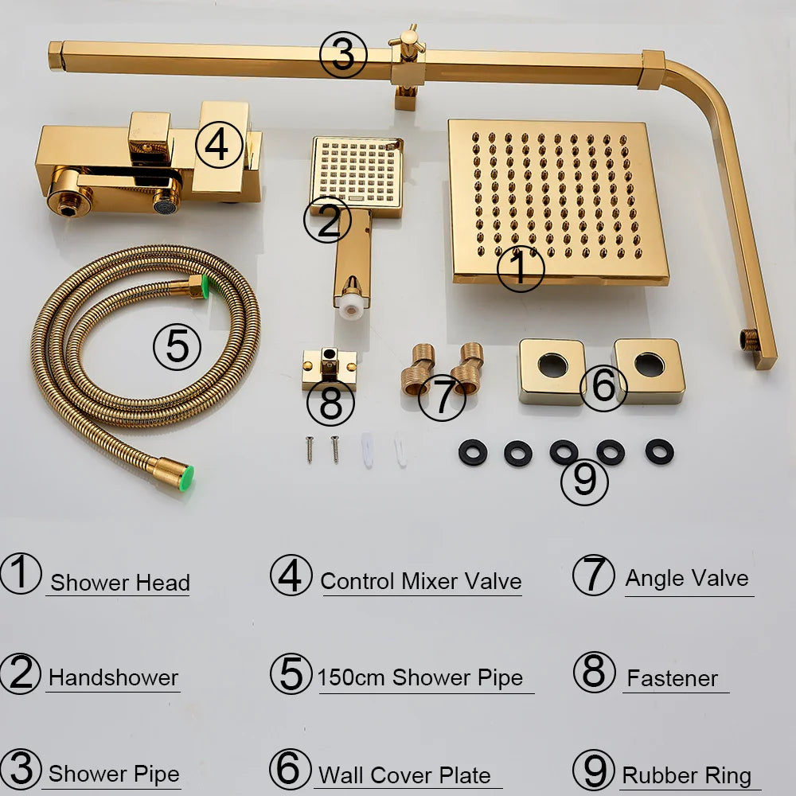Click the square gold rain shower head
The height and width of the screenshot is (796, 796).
click(x=557, y=191)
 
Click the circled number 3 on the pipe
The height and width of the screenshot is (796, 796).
click(x=342, y=57)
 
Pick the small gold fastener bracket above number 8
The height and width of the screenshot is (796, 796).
click(x=329, y=368)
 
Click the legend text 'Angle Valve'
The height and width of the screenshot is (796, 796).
click(x=686, y=579)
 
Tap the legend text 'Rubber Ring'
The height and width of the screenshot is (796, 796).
click(x=686, y=775)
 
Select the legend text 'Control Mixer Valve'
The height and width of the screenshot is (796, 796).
click(x=420, y=581)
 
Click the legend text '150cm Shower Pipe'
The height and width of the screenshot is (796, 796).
click(x=420, y=678)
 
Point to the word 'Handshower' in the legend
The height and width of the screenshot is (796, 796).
click(x=113, y=678)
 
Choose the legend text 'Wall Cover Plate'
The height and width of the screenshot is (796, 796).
click(x=404, y=775)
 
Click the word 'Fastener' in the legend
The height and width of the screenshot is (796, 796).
click(x=672, y=679)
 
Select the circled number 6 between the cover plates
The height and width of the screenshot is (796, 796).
click(x=603, y=387)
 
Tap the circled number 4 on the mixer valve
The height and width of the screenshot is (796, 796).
click(x=219, y=145)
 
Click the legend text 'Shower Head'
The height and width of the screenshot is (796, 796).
click(x=119, y=583)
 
